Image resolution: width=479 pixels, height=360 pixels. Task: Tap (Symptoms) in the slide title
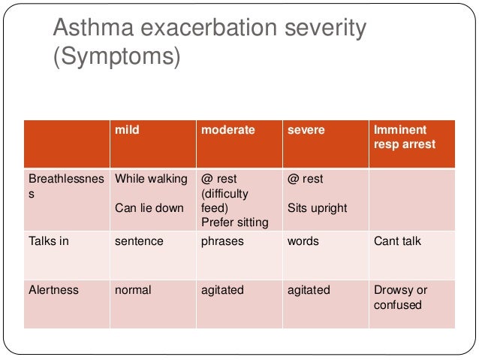116,57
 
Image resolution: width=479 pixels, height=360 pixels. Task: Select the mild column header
127,130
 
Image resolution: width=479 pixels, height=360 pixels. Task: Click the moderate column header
227,130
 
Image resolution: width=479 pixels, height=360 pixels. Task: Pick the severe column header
306,130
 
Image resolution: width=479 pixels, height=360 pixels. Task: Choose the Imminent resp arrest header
404,137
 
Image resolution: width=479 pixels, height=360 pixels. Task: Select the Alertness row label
53,289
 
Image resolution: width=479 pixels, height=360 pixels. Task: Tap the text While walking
150,179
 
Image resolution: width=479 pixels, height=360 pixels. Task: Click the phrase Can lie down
149,207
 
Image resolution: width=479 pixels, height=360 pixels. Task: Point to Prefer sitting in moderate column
234,222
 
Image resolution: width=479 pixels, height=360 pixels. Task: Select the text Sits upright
317,207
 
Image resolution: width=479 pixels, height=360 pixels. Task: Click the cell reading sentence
139,241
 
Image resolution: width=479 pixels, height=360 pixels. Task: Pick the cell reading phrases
224,241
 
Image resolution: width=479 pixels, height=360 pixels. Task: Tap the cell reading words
303,241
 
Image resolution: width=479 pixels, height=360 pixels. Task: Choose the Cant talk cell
397,241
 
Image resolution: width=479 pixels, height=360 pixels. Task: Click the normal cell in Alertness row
133,289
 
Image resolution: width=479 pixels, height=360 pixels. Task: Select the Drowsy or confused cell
400,297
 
